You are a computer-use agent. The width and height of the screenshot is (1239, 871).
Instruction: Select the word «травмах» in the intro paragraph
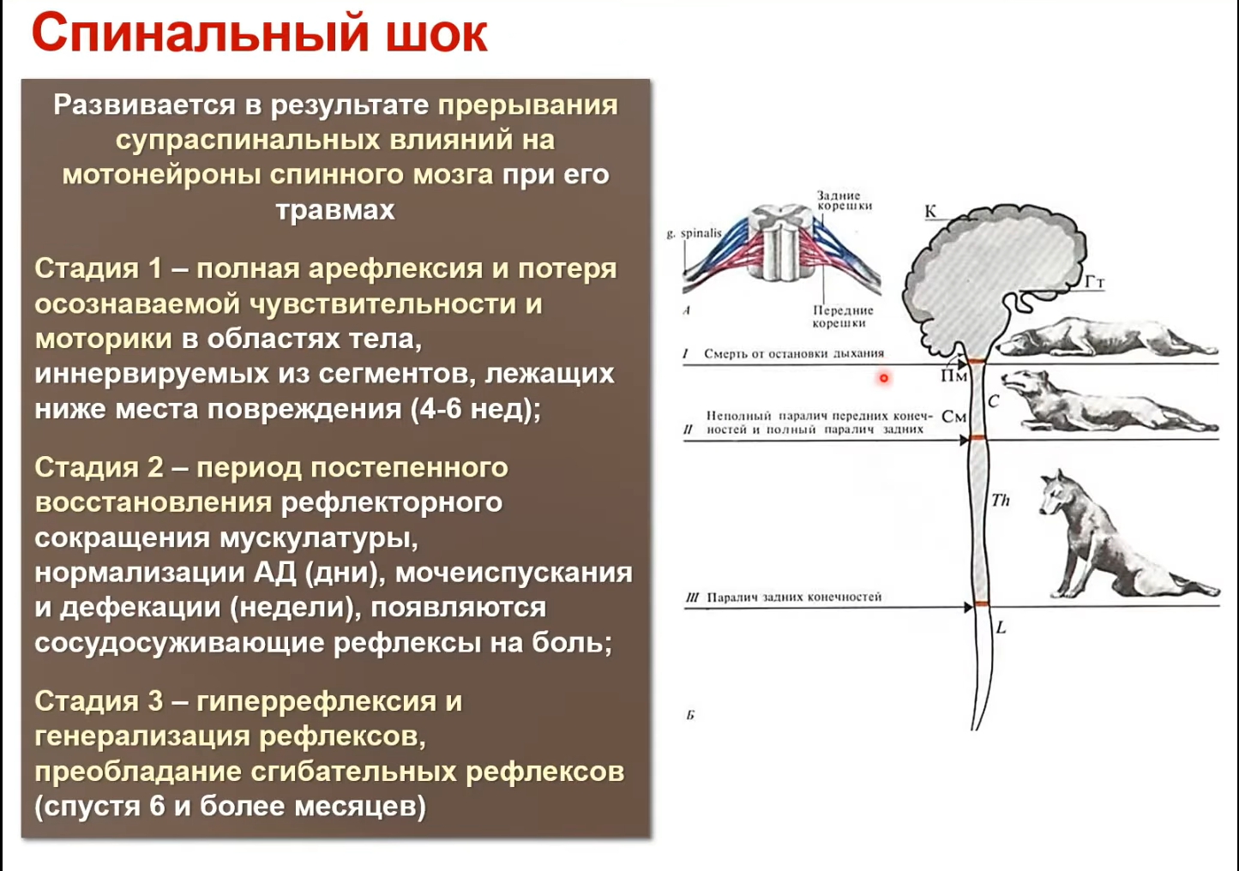click(x=336, y=210)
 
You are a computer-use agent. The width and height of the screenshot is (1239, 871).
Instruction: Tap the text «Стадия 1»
click(x=99, y=269)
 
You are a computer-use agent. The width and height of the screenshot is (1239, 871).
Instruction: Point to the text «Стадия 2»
click(x=99, y=467)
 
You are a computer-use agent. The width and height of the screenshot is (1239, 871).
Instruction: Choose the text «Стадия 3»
click(x=99, y=701)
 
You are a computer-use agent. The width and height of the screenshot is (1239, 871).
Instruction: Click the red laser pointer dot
click(x=884, y=378)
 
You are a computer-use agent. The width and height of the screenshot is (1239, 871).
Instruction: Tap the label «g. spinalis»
click(x=695, y=233)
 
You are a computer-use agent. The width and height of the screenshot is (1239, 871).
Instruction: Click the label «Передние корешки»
click(x=843, y=316)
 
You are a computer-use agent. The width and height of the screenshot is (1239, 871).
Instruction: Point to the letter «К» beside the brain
click(x=930, y=211)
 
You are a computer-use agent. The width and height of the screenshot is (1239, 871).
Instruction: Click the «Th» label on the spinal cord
click(x=1000, y=501)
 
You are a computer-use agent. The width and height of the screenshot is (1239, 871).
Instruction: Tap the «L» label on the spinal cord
click(x=1001, y=628)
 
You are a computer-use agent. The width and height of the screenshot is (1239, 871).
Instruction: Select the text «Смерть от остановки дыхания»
click(x=794, y=353)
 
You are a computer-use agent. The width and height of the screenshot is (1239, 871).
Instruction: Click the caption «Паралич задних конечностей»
click(x=794, y=598)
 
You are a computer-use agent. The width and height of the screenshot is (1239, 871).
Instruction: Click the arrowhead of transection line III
click(x=969, y=607)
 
